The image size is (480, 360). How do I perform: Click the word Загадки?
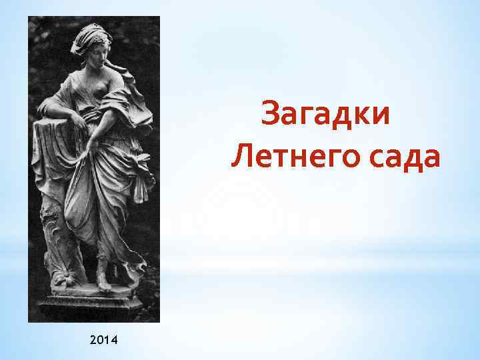(326, 113)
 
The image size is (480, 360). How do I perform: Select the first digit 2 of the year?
(91, 341)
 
